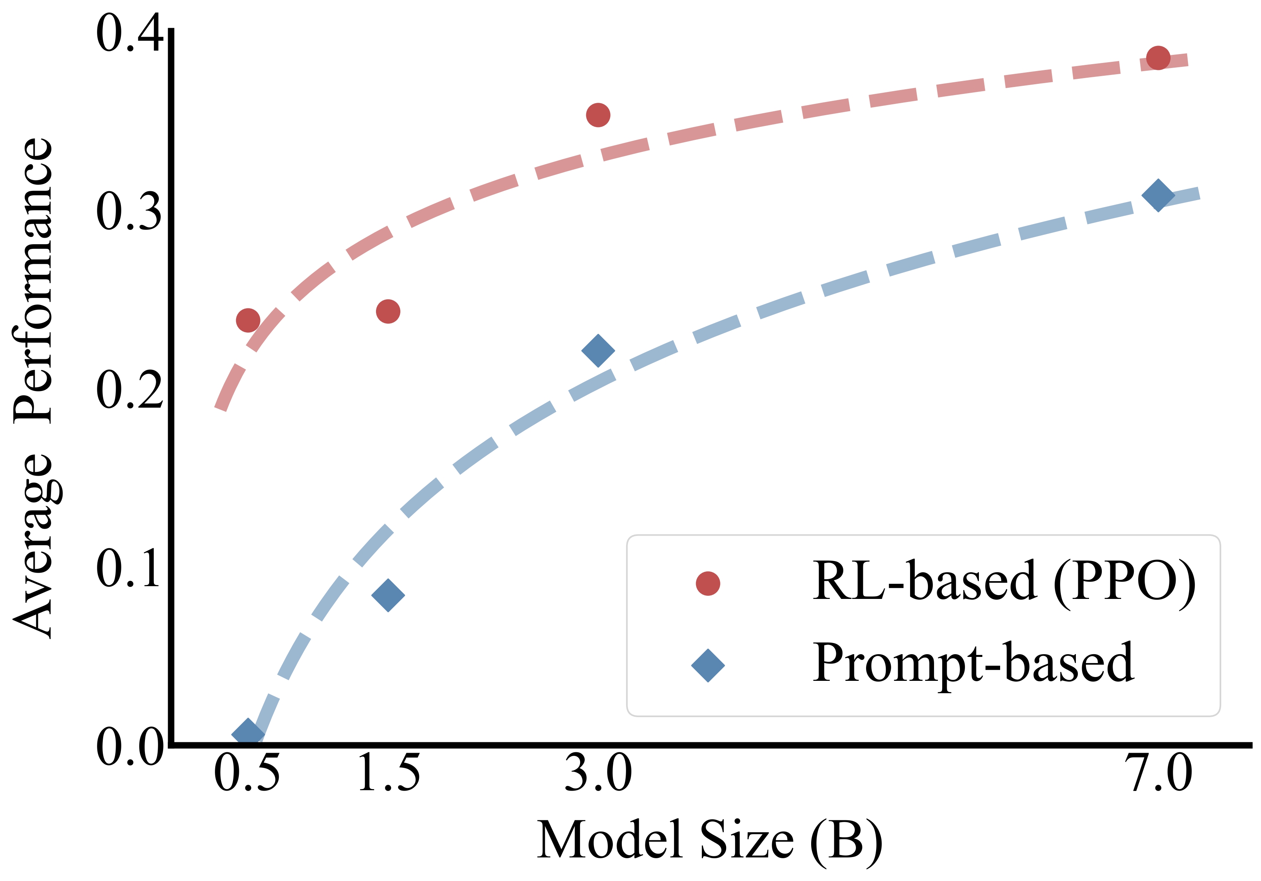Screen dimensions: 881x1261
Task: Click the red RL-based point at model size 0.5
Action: click(x=248, y=320)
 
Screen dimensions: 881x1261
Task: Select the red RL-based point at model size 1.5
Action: click(x=388, y=311)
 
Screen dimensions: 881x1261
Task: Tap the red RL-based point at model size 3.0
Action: click(x=598, y=115)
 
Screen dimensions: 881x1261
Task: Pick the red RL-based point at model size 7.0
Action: click(x=1158, y=58)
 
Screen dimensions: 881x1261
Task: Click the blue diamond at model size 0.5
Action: click(x=248, y=734)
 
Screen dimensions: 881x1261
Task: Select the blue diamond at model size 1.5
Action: click(x=388, y=595)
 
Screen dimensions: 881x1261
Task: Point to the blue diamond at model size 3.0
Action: click(x=598, y=350)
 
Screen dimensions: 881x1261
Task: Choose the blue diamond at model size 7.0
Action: click(x=1158, y=195)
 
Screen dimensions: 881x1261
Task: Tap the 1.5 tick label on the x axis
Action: click(x=389, y=773)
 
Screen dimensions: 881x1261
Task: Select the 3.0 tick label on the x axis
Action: click(x=598, y=773)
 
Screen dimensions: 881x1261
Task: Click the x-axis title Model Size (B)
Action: click(x=709, y=840)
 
